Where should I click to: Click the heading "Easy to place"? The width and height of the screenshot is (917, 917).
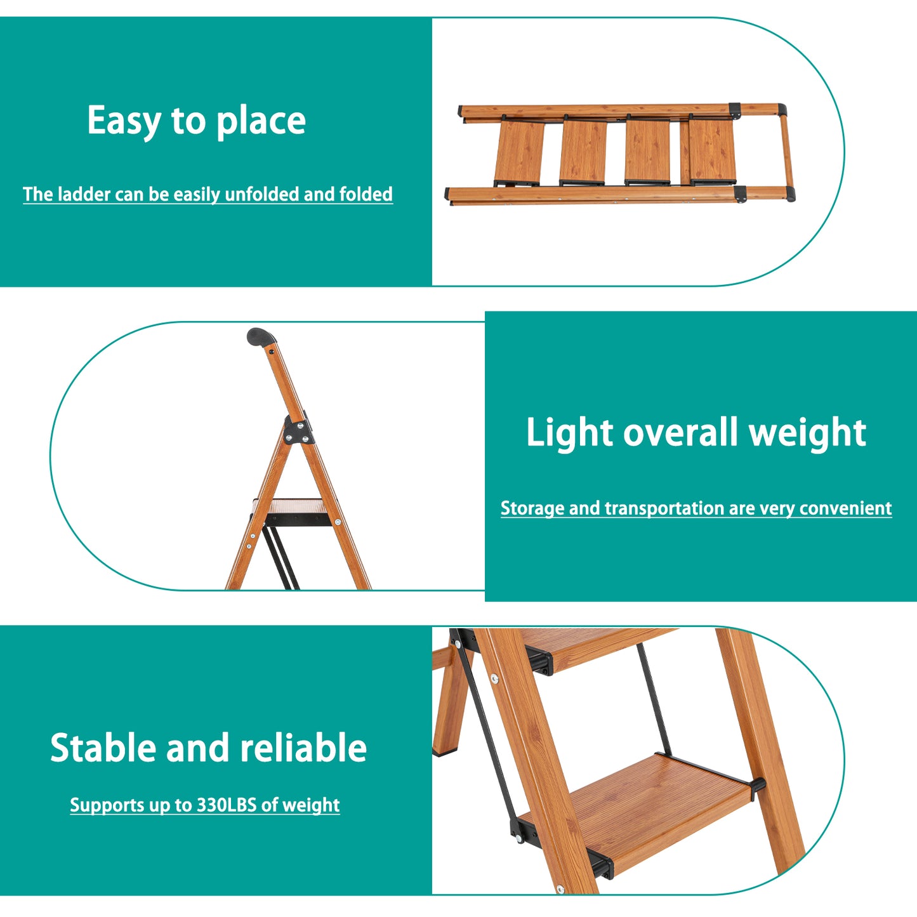click(x=196, y=121)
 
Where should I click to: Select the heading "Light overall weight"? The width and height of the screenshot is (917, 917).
click(x=696, y=433)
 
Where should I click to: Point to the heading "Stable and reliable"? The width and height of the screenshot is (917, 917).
click(x=208, y=748)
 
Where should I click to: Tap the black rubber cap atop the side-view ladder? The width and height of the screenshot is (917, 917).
click(x=260, y=336)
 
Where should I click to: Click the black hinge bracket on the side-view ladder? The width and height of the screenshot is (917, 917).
click(x=298, y=429)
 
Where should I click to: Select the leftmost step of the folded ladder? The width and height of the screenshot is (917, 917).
click(x=519, y=152)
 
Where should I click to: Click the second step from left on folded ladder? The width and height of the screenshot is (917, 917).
click(x=583, y=152)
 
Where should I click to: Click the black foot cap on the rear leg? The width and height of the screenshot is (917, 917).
click(x=442, y=753)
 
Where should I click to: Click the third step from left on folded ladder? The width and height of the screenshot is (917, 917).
click(x=648, y=152)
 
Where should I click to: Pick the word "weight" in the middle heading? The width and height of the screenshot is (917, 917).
click(x=808, y=433)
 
